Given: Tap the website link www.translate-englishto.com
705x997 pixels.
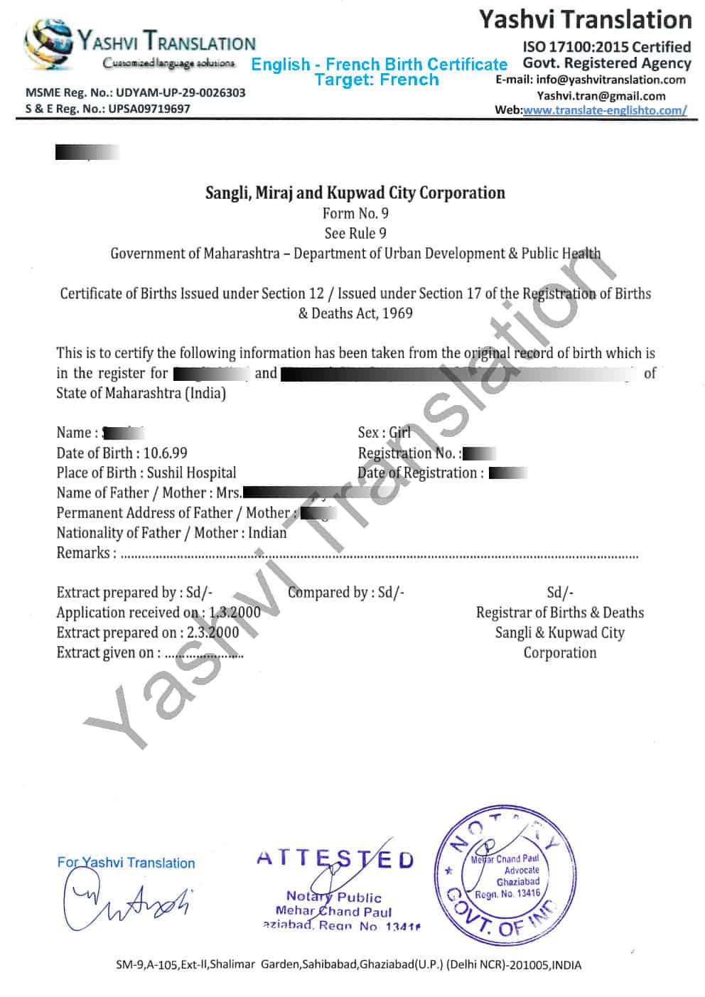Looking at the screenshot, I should coord(605,110).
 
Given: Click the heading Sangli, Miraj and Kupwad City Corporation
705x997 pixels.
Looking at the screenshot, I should coord(355,193).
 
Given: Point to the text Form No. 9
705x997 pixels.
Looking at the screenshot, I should coord(355,213).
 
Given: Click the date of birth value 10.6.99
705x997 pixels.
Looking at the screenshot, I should coord(165,453).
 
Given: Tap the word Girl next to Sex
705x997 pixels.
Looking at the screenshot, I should coord(399,433).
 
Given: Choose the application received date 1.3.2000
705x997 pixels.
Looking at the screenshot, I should coord(235,613).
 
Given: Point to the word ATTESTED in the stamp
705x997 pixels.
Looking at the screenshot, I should coord(335,858).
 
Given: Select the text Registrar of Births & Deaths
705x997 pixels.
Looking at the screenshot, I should coord(559,613).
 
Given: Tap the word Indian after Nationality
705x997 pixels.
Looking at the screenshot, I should coord(267,533).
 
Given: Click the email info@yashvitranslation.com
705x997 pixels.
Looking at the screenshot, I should coord(610,80).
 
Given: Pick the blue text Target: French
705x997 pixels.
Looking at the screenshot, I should coord(377,80).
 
